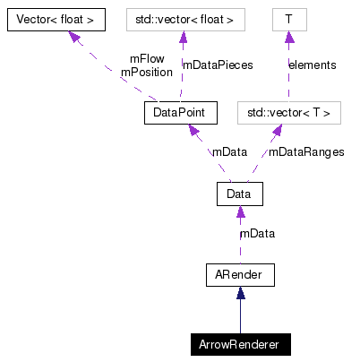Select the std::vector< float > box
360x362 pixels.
click(184, 18)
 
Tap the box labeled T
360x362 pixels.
click(288, 18)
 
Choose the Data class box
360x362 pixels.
click(238, 194)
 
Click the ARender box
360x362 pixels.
click(238, 274)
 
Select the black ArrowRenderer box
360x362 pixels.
click(239, 344)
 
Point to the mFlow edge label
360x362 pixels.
click(146, 59)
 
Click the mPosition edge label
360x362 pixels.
click(146, 72)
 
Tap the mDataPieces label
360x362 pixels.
click(218, 65)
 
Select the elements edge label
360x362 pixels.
click(312, 65)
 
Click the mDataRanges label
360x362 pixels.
click(306, 152)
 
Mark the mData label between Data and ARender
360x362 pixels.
click(257, 234)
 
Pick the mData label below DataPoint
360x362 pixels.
click(229, 152)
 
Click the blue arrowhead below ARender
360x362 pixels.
click(239, 293)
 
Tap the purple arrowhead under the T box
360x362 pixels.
click(288, 37)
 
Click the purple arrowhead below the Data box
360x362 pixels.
click(239, 212)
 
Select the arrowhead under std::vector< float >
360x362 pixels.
click(183, 37)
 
